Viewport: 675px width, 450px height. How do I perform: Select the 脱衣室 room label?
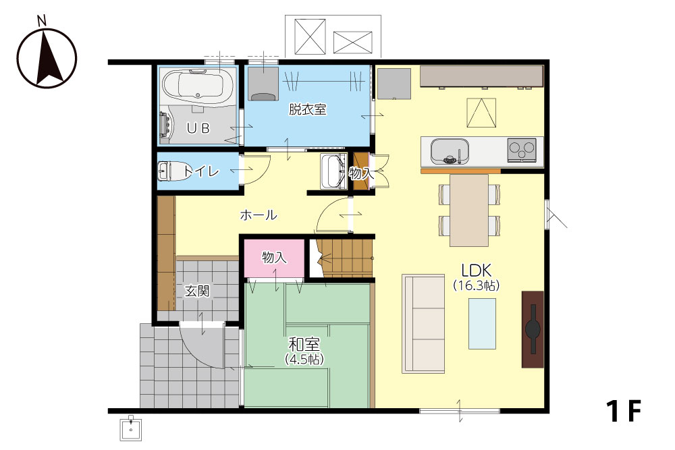pyautogui.click(x=307, y=110)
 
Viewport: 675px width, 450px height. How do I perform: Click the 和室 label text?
pyautogui.click(x=304, y=344)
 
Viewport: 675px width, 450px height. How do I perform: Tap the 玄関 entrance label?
pyautogui.click(x=197, y=291)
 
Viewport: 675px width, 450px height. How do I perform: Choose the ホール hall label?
pyautogui.click(x=259, y=215)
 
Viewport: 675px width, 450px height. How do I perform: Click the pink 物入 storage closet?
pyautogui.click(x=274, y=258)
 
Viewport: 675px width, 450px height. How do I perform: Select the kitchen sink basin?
pyautogui.click(x=450, y=151)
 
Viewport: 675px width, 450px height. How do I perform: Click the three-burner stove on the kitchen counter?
pyautogui.click(x=522, y=150)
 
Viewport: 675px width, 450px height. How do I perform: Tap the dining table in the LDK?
pyautogui.click(x=469, y=210)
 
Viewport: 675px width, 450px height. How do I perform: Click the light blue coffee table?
pyautogui.click(x=482, y=324)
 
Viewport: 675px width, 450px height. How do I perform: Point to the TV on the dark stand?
pyautogui.click(x=533, y=329)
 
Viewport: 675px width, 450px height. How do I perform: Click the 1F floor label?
pyautogui.click(x=624, y=411)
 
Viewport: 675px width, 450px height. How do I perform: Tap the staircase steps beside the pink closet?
pyautogui.click(x=345, y=258)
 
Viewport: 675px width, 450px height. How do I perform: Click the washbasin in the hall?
pyautogui.click(x=333, y=171)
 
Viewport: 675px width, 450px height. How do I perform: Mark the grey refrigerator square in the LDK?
pyautogui.click(x=394, y=84)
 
